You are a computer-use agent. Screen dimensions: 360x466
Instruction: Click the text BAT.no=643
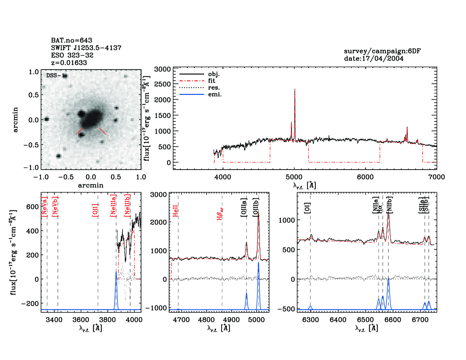click(x=71, y=40)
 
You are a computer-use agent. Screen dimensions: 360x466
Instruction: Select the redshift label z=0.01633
click(x=69, y=63)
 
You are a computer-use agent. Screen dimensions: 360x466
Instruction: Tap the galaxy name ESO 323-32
click(x=72, y=55)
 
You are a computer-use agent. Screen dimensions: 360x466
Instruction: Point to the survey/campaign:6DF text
click(x=382, y=51)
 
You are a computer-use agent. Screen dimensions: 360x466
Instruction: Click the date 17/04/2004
click(x=374, y=58)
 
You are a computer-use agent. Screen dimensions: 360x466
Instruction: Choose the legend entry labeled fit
click(x=212, y=81)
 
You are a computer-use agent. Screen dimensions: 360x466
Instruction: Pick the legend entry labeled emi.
click(x=215, y=95)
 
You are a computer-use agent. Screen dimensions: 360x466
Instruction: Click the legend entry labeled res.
click(x=214, y=88)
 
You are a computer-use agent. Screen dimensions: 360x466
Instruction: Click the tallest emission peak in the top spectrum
click(x=295, y=90)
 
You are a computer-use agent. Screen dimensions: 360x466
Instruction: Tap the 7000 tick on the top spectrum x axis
click(x=437, y=177)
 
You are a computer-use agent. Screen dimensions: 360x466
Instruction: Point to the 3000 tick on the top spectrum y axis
click(x=163, y=69)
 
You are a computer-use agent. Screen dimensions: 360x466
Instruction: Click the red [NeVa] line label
click(x=44, y=206)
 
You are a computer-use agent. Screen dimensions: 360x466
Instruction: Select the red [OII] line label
click(x=95, y=210)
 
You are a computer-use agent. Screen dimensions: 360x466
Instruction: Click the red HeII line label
click(x=175, y=211)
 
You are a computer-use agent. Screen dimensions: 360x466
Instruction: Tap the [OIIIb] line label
click(x=256, y=208)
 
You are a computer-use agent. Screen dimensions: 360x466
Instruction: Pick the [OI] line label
click(x=307, y=208)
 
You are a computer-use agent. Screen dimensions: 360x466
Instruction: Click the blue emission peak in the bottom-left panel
click(x=116, y=272)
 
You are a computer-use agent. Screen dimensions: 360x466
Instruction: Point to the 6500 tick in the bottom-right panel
click(x=365, y=320)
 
